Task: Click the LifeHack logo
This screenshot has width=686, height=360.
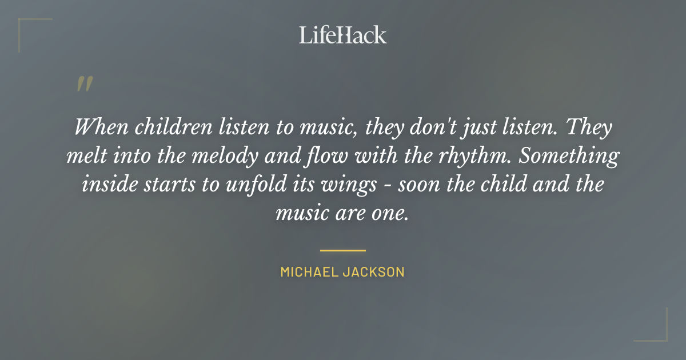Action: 343,35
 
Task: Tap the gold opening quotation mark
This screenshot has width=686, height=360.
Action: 84,84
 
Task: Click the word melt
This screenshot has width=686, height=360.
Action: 83,156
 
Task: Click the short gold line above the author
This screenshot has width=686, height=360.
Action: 343,250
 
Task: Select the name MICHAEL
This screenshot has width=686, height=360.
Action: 308,272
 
